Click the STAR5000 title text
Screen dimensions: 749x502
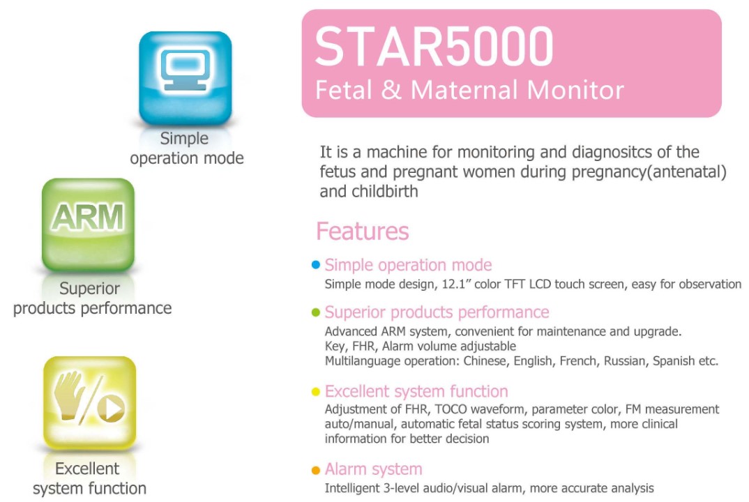pyautogui.click(x=434, y=46)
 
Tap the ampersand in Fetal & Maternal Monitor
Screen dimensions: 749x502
pyautogui.click(x=391, y=90)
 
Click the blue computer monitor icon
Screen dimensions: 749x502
pyautogui.click(x=186, y=77)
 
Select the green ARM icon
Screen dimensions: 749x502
pyautogui.click(x=88, y=225)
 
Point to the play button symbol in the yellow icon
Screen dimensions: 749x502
pyautogui.click(x=112, y=409)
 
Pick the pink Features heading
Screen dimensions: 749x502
pyautogui.click(x=363, y=231)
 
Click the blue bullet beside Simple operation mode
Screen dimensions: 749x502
pyautogui.click(x=316, y=265)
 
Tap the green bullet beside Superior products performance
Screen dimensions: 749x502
pyautogui.click(x=316, y=312)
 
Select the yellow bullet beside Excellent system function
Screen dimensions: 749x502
pyautogui.click(x=316, y=392)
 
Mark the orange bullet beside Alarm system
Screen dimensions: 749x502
pyautogui.click(x=316, y=470)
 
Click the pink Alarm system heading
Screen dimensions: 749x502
pyautogui.click(x=374, y=469)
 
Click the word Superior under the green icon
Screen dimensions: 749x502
pyautogui.click(x=89, y=289)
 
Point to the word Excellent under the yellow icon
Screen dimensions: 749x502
pyautogui.click(x=87, y=469)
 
